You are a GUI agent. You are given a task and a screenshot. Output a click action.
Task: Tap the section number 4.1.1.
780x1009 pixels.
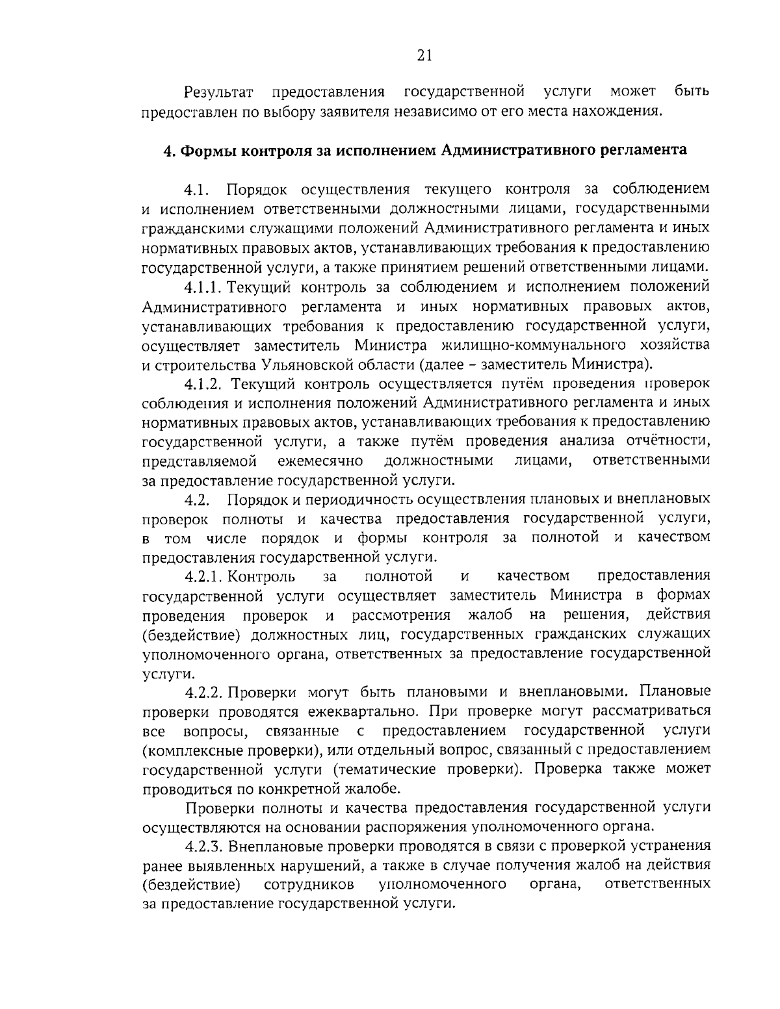click(x=204, y=286)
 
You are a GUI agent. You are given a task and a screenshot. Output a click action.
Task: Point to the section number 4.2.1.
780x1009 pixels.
click(x=204, y=576)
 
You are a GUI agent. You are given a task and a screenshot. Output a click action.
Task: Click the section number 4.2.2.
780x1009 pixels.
click(x=204, y=691)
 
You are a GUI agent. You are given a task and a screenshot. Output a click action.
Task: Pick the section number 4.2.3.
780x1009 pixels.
click(x=204, y=846)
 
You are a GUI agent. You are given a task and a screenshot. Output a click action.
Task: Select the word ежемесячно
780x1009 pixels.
click(x=319, y=461)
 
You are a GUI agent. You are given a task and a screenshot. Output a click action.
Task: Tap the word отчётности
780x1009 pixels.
click(x=666, y=442)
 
